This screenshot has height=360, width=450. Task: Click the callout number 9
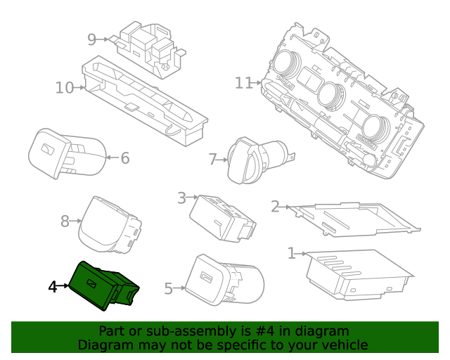pyautogui.click(x=91, y=39)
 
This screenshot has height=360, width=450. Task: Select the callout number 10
pyautogui.click(x=64, y=88)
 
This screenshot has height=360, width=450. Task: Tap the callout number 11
pyautogui.click(x=243, y=83)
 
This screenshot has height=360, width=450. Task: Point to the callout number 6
pyautogui.click(x=124, y=158)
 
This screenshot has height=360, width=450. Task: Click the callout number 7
pyautogui.click(x=212, y=160)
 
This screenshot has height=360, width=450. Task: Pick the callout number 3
pyautogui.click(x=181, y=198)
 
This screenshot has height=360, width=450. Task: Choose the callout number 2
pyautogui.click(x=276, y=206)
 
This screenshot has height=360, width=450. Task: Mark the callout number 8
pyautogui.click(x=65, y=221)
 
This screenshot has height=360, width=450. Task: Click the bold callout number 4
pyautogui.click(x=52, y=287)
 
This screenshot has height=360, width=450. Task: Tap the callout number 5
pyautogui.click(x=168, y=288)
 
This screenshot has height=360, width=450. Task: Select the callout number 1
pyautogui.click(x=292, y=252)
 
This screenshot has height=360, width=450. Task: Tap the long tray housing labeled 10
pyautogui.click(x=144, y=102)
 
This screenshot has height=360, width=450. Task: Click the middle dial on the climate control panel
pyautogui.click(x=329, y=94)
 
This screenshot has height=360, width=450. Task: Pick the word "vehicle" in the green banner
pyautogui.click(x=343, y=345)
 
